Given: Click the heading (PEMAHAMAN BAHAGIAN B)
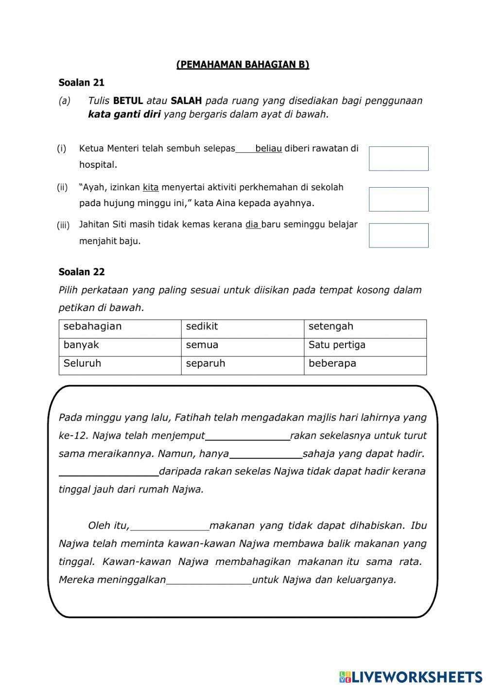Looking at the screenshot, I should point(243,65).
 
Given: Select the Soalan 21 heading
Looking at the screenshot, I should point(81,83).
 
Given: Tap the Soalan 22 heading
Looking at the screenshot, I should point(81,272).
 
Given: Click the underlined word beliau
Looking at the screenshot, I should point(268,149).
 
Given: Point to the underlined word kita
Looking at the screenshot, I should point(151,187).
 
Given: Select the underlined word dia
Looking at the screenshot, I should point(252,225).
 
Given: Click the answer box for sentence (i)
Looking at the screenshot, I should point(398,159).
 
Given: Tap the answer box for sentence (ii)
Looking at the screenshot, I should point(398,199).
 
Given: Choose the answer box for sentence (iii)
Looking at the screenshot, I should point(398,235).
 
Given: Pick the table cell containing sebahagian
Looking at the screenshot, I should point(120,329).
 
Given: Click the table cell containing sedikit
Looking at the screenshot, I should point(243,329).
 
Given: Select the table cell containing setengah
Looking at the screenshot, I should point(365,329).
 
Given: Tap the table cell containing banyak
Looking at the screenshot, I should point(120,347).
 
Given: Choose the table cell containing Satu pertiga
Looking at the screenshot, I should point(365,347).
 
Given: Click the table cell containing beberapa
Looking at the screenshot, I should point(365,366).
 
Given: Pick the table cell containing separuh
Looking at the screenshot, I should point(243,366).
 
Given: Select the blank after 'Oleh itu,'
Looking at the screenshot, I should point(170,526).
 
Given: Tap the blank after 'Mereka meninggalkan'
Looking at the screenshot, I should point(209,580).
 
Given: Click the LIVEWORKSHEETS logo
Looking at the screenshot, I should point(411,676).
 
